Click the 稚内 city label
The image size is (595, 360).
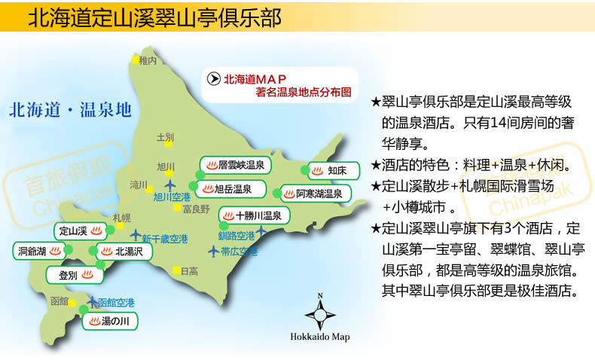[x=148, y=60]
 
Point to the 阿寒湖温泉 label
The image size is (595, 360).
[x=312, y=194]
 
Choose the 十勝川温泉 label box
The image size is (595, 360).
[x=252, y=216]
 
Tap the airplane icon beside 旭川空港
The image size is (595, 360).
[x=169, y=185]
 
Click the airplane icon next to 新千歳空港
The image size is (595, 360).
[x=136, y=235]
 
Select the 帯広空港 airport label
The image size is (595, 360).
[x=239, y=251]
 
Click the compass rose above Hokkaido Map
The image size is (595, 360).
[x=320, y=312]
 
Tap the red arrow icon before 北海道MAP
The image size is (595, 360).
[x=213, y=78]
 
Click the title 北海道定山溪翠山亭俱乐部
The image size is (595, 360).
[x=154, y=18]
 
